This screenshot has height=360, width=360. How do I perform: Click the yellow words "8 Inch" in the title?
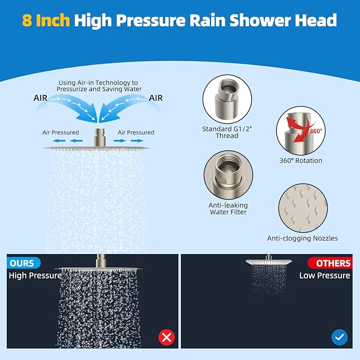(46, 20)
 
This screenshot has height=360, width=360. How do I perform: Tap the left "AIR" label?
(43, 98)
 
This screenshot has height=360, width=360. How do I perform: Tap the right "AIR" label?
(156, 98)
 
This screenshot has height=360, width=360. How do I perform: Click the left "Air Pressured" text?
(61, 133)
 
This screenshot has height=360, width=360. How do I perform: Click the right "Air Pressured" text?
(136, 133)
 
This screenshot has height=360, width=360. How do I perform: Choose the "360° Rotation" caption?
(300, 161)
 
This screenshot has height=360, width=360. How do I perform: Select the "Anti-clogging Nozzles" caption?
(302, 238)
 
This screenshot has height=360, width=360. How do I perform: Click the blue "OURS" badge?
(23, 263)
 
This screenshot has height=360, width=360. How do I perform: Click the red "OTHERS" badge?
(333, 263)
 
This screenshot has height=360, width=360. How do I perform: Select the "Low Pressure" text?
(324, 276)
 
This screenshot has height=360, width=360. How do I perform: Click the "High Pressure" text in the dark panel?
(35, 276)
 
